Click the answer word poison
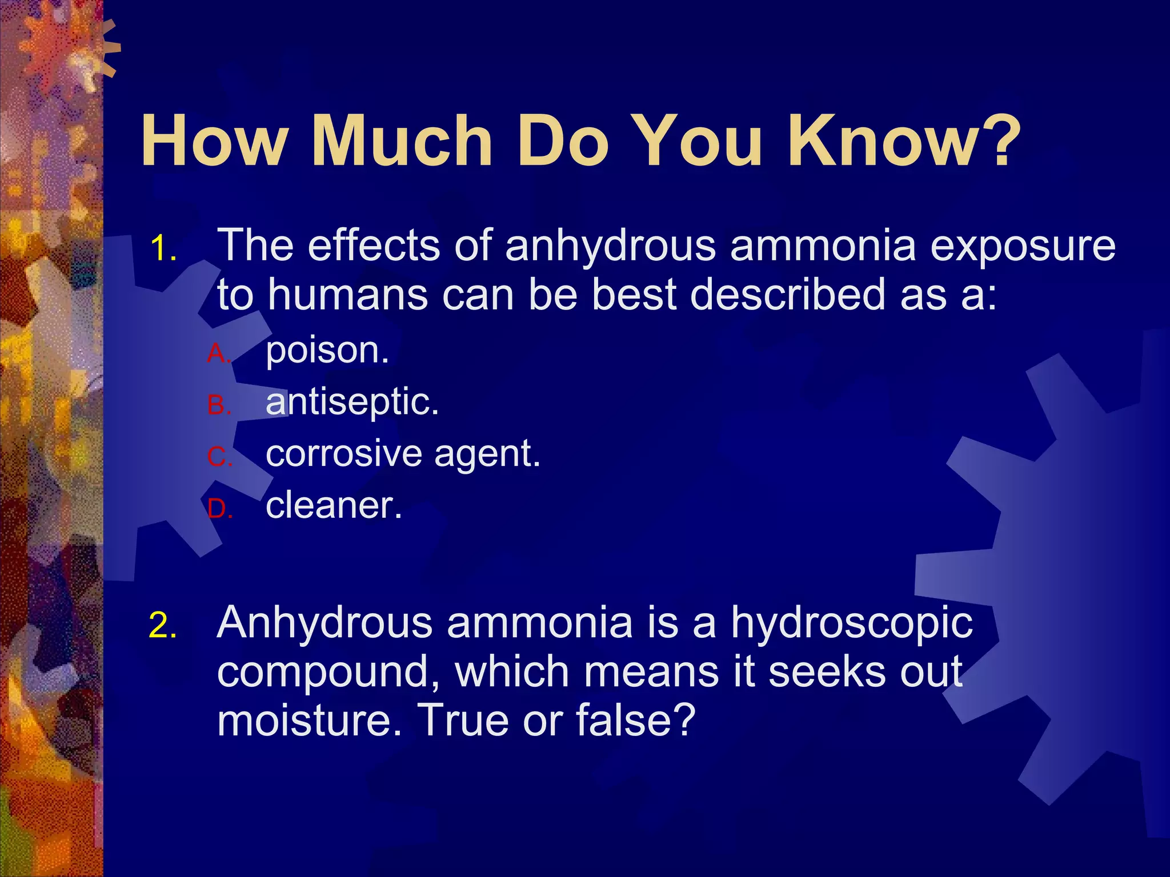tap(327, 351)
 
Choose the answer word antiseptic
tap(352, 402)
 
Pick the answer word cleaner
tap(334, 505)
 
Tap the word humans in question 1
tap(348, 295)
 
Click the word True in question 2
tap(463, 721)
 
